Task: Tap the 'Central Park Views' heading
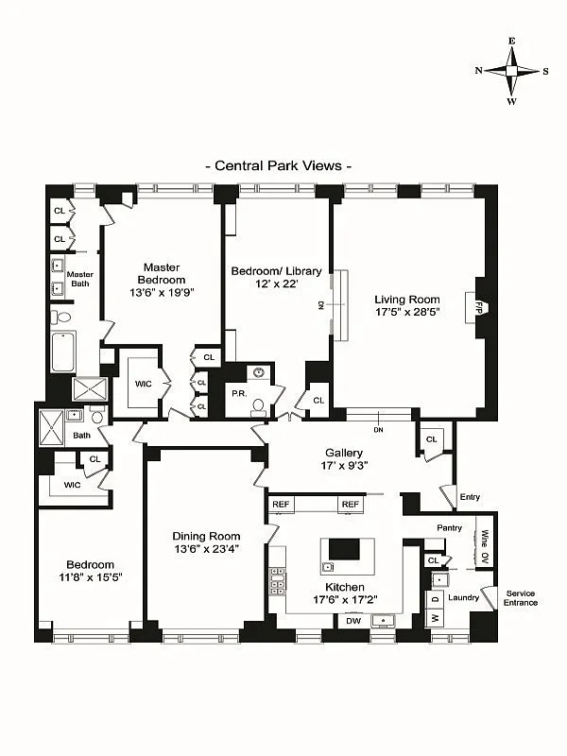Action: point(279,165)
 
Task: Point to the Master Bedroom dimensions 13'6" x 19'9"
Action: point(162,293)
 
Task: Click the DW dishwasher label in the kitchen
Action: point(353,621)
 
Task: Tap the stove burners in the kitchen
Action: point(278,578)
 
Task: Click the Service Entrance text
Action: point(521,598)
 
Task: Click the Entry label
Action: point(470,497)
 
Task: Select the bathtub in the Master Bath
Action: point(63,352)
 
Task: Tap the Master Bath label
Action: point(80,280)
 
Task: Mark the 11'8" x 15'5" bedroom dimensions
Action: point(90,576)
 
